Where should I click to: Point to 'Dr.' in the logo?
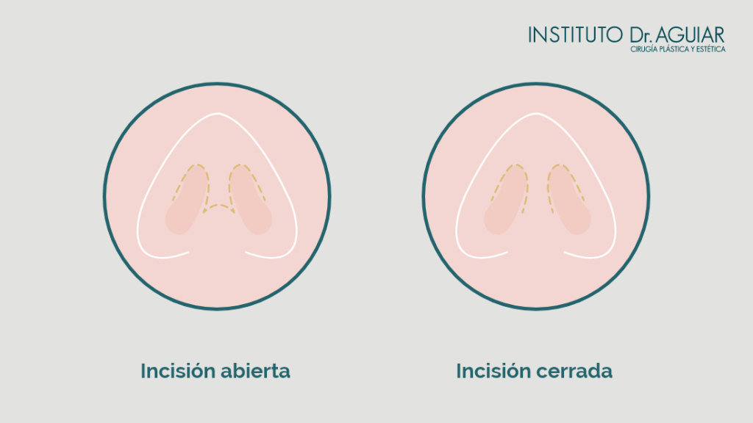pos(640,35)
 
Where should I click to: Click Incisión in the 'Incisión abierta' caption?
pos(178,371)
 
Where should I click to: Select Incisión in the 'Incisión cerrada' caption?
pos(493,371)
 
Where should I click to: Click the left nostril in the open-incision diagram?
pos(186,201)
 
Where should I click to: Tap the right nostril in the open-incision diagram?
pos(250,201)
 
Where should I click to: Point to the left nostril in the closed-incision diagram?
pos(505,201)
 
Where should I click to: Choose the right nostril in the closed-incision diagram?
pos(568,201)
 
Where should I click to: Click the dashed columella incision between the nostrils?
pos(218,207)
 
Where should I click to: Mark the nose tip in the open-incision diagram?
pos(218,114)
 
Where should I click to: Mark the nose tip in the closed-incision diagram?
pos(536,114)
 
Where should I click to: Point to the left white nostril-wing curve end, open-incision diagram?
pos(188,251)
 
